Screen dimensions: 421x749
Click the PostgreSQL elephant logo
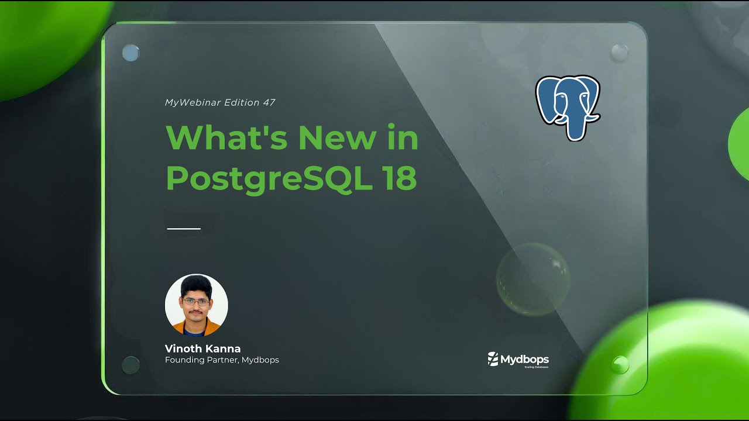click(x=568, y=106)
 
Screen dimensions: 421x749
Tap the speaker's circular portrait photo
click(x=196, y=305)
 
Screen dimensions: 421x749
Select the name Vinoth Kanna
click(x=202, y=348)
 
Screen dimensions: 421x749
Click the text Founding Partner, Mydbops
click(x=222, y=360)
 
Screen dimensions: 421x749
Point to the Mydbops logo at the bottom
click(x=518, y=359)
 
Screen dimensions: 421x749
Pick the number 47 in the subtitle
click(x=269, y=102)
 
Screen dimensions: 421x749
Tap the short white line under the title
click(x=184, y=229)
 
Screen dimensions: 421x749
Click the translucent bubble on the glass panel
click(x=532, y=279)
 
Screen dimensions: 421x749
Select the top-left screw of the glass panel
click(x=130, y=53)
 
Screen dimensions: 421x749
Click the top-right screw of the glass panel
click(x=620, y=53)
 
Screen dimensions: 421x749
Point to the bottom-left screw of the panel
click(x=130, y=365)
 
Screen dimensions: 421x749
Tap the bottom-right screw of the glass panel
click(x=620, y=365)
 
